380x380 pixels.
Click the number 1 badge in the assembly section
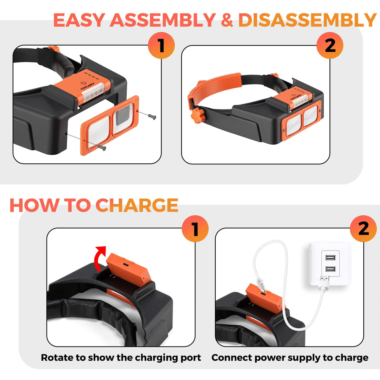click(161, 45)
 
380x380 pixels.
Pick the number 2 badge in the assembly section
click(330, 45)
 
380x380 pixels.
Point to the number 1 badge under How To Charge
click(195, 229)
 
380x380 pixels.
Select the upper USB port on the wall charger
click(330, 258)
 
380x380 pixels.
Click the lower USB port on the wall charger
click(330, 269)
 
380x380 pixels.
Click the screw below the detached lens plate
click(102, 147)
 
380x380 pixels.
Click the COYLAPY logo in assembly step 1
click(87, 86)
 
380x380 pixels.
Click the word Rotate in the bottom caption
click(54, 357)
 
